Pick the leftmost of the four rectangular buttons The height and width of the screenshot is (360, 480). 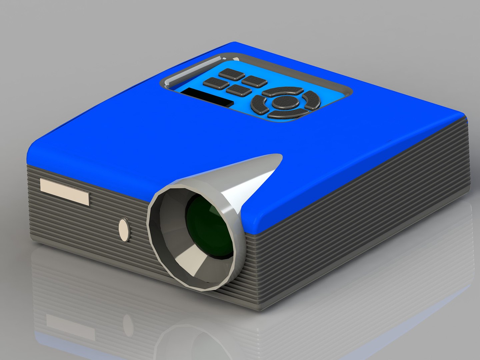pyautogui.click(x=216, y=83)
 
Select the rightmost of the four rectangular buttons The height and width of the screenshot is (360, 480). pyautogui.click(x=254, y=81)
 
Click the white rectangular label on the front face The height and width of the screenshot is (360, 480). pyautogui.click(x=64, y=191)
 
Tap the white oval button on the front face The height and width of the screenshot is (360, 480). pyautogui.click(x=124, y=230)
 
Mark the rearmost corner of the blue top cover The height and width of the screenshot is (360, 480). pyautogui.click(x=235, y=43)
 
